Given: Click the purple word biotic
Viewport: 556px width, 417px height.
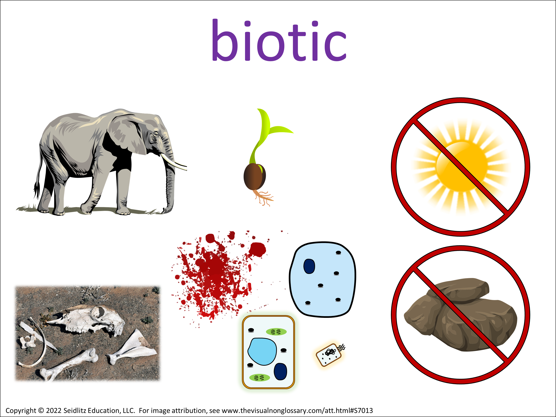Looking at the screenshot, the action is pos(279,40).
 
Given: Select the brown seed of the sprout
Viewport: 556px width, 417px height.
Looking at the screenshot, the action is pos(254,177).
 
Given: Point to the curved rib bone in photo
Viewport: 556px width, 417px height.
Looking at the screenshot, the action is pos(35,344).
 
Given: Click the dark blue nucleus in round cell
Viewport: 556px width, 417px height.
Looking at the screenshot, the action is pos(309,266).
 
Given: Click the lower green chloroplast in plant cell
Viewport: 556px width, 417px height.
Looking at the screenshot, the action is pos(259,378).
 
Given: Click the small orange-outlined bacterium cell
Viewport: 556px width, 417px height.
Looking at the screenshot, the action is pos(329,354).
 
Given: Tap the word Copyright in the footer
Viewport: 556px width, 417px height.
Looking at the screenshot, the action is pos(21,411).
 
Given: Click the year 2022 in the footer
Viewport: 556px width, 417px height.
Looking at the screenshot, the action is pos(54,411).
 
